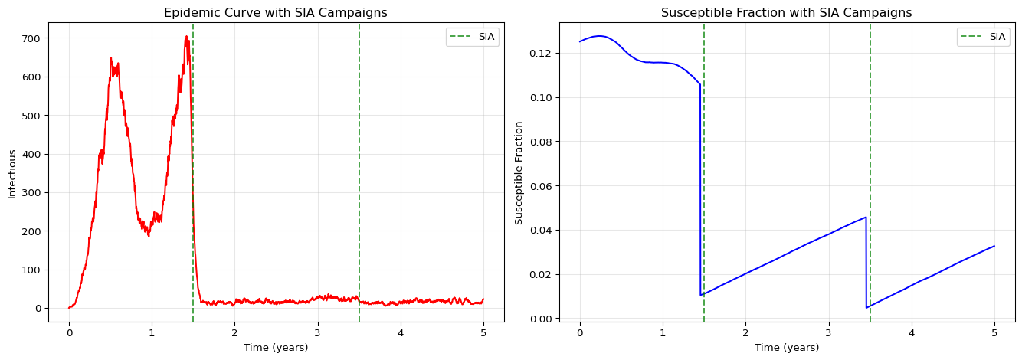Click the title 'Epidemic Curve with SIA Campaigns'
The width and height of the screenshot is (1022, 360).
pyautogui.click(x=276, y=12)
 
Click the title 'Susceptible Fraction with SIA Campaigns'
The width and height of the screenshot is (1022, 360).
pyautogui.click(x=786, y=12)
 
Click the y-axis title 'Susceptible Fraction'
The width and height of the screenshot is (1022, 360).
pyautogui.click(x=519, y=172)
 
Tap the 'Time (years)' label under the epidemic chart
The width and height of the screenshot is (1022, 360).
pyautogui.click(x=276, y=348)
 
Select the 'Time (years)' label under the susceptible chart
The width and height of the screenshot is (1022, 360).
pyautogui.click(x=787, y=348)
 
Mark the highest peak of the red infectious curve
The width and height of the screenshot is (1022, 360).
pyautogui.click(x=186, y=37)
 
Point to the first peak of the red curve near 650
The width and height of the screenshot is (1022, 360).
pyautogui.click(x=111, y=58)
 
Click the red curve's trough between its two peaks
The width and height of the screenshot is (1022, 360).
pyautogui.click(x=149, y=235)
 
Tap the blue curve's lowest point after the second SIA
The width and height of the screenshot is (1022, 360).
pyautogui.click(x=866, y=308)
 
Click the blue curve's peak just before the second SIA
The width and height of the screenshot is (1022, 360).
pyautogui.click(x=866, y=217)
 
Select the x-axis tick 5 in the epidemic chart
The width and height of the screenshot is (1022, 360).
pyautogui.click(x=483, y=334)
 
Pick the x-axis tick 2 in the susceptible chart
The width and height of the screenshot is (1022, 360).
pyautogui.click(x=745, y=334)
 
